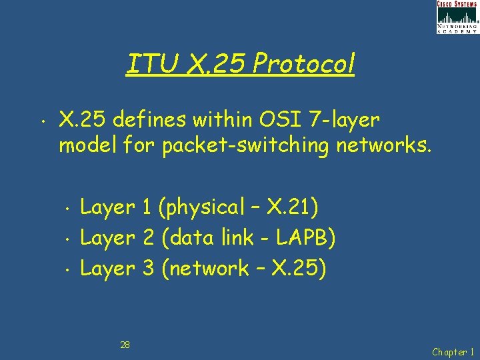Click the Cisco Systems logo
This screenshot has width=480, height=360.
[457, 17]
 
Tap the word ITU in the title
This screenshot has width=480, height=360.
[151, 65]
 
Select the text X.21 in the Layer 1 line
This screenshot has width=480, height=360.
[289, 207]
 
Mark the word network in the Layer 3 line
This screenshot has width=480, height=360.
[209, 269]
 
